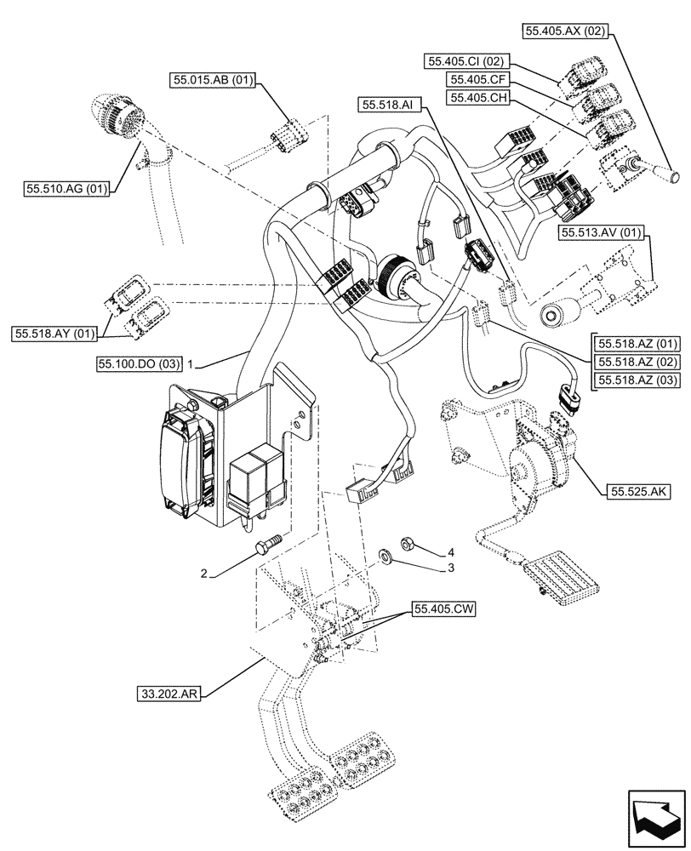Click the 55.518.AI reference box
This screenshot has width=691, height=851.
click(387, 105)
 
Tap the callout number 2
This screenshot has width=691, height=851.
click(204, 574)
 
